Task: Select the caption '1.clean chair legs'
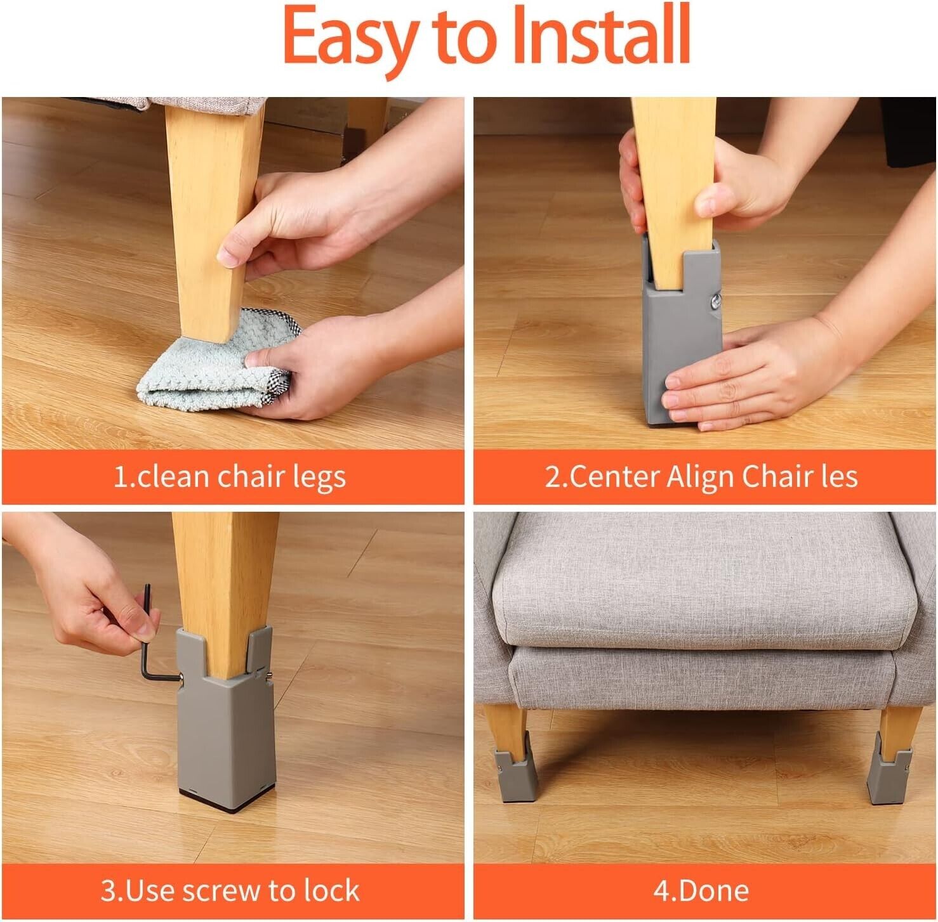click(229, 477)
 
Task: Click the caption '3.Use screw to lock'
click(230, 890)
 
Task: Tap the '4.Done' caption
click(701, 890)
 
